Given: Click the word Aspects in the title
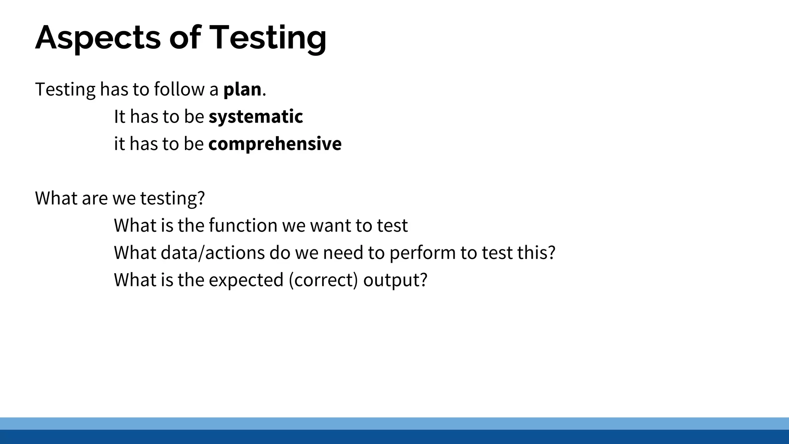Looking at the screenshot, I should tap(98, 38).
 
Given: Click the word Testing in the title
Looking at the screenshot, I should tap(268, 38).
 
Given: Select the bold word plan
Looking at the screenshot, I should tap(242, 89).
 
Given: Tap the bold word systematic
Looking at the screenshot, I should tap(256, 117).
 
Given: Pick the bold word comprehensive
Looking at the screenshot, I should tap(275, 144).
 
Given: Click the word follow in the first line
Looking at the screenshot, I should tap(179, 89).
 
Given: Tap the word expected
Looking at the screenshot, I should tap(246, 280).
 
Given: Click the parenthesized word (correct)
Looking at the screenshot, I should tap(323, 280).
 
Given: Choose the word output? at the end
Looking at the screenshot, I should tap(395, 280).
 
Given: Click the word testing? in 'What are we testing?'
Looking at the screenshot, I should tap(172, 198).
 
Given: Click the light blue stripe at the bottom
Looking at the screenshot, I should tap(394, 423).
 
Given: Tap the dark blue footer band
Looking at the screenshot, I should tap(394, 437).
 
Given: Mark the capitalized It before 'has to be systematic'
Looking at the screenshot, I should tap(119, 117).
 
